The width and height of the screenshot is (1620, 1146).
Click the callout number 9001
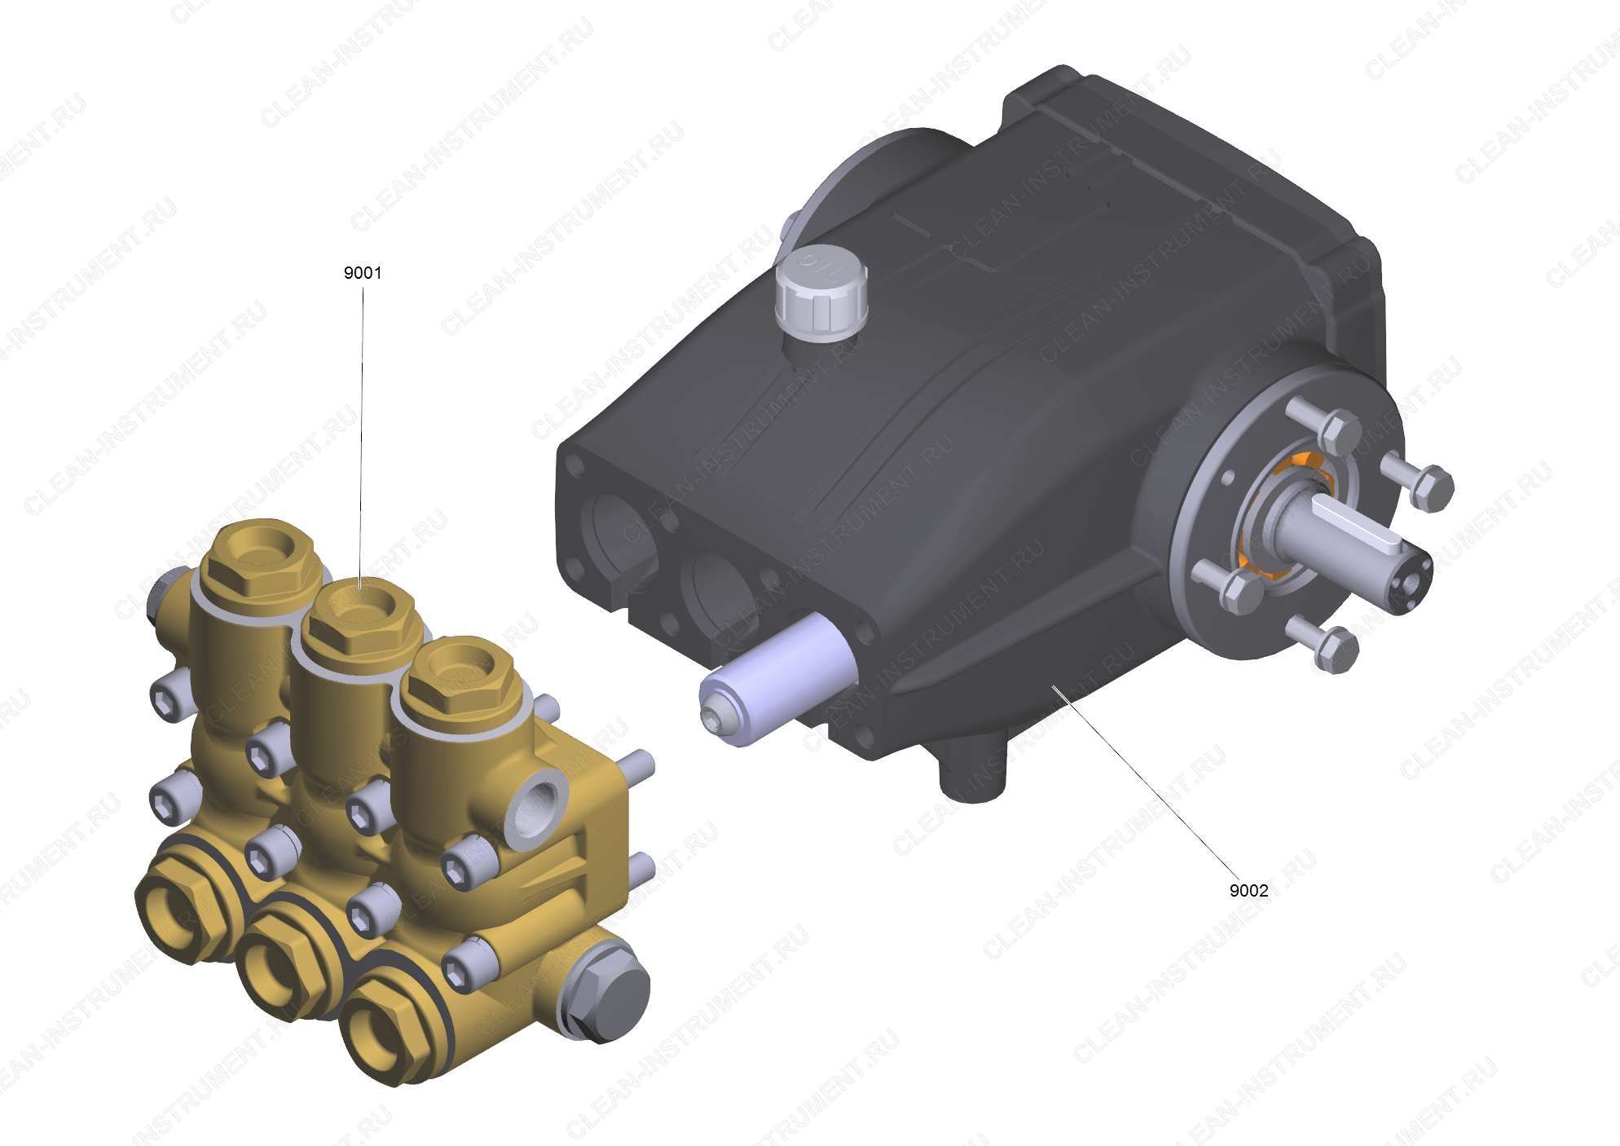362,273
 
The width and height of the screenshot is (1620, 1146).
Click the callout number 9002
1248,890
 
